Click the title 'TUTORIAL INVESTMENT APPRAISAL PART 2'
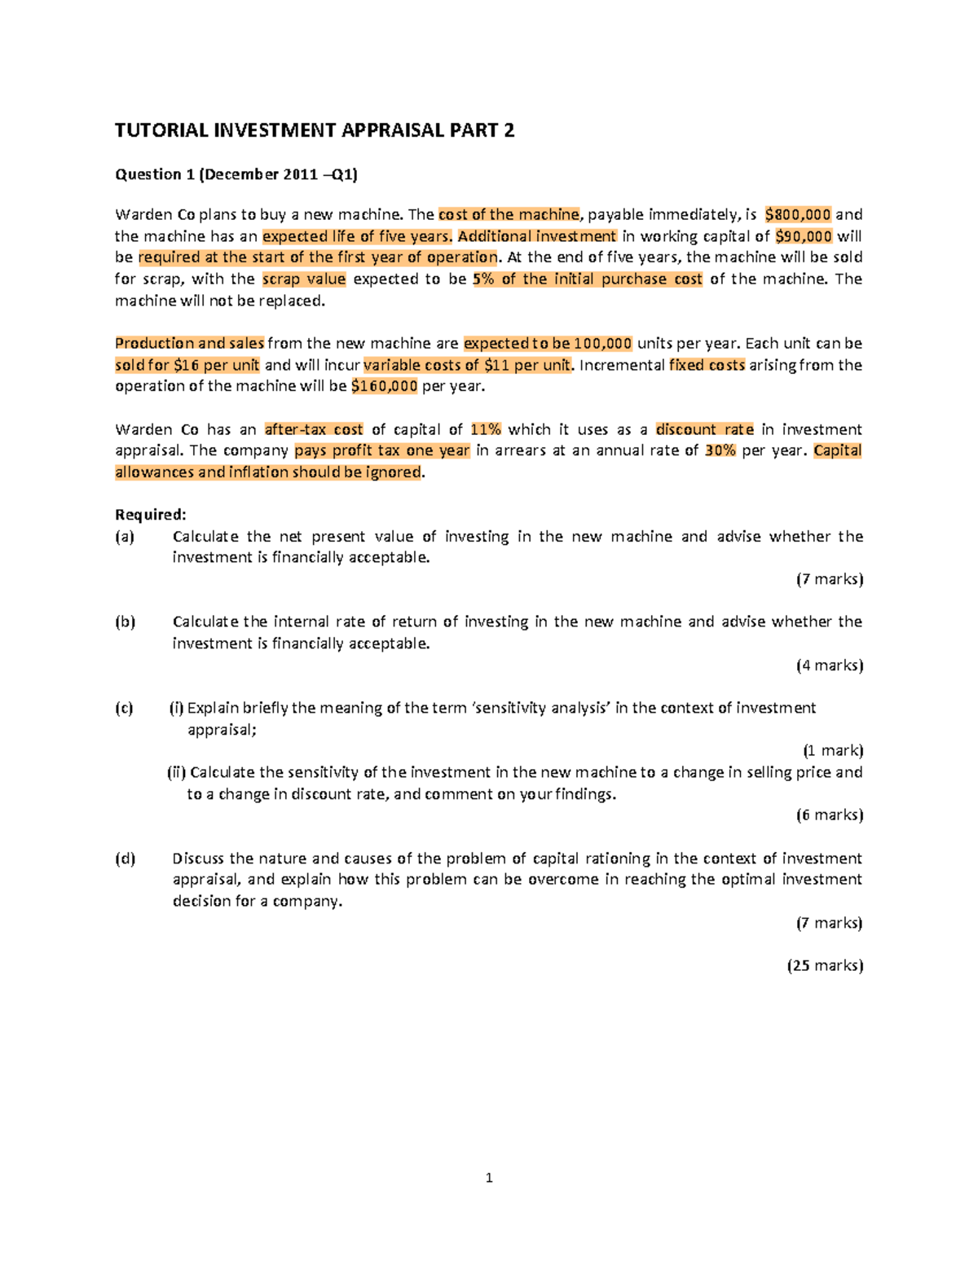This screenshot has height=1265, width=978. coord(315,130)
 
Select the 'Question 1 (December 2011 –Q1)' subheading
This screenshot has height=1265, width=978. coord(236,174)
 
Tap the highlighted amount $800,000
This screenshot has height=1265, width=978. coord(798,215)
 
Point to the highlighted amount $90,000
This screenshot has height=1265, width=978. coord(804,236)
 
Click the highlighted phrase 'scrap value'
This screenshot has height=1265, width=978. coord(304,279)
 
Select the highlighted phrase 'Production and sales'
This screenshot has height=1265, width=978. coord(190,343)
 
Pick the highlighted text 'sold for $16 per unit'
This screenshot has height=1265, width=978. coord(187,365)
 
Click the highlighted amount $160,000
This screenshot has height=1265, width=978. coord(384,386)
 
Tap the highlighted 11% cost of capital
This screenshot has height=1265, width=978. coord(486,429)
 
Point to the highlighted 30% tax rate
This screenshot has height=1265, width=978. coord(720,450)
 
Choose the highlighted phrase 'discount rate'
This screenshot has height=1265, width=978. coord(704,429)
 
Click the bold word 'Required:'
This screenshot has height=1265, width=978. coord(151,515)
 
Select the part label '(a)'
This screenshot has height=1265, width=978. coord(125,537)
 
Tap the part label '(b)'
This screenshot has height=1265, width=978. coord(125,622)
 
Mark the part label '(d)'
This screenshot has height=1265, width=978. coord(125,859)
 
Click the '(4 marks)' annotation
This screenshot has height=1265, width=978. coord(829,665)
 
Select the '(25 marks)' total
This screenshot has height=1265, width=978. coord(825,965)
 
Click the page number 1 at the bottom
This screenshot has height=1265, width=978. coord(489,1178)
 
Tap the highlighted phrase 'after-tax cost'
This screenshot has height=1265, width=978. coord(314,429)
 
